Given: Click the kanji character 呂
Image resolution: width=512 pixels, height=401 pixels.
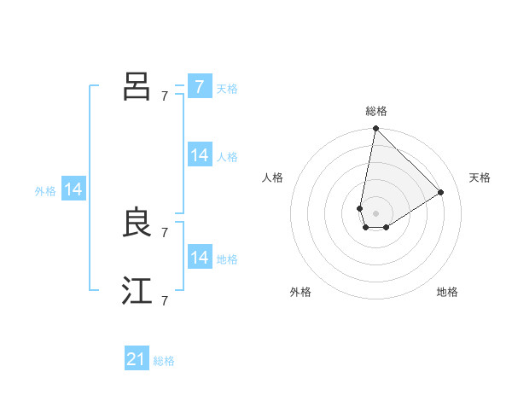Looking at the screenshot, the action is coord(137,85).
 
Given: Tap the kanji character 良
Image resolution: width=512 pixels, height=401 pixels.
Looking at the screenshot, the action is coord(137,222).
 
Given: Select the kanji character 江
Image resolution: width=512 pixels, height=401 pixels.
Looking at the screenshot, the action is coord(137,291).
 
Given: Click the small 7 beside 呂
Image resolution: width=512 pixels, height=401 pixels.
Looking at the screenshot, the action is coord(165,96).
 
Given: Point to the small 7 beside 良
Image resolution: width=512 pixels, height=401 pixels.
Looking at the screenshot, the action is coord(165,232).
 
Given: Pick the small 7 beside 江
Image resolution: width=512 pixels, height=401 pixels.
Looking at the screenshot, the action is coord(165,300).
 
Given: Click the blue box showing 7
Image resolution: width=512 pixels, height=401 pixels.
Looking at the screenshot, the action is coord(199,87).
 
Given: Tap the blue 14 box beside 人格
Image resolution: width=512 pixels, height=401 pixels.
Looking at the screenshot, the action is coord(199,155).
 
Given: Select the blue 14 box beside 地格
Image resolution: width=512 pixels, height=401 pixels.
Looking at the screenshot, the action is coord(199,258).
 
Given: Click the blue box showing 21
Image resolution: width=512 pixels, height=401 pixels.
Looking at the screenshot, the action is coord(137,359).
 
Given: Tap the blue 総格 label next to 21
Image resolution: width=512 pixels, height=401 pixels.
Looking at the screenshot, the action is coord(164,361).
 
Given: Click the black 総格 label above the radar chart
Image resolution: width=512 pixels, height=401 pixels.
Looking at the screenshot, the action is coord(375,111).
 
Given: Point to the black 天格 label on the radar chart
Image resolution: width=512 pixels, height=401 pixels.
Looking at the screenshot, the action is coord(480,177).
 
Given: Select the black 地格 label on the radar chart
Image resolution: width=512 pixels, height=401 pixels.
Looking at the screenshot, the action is coord(447,292).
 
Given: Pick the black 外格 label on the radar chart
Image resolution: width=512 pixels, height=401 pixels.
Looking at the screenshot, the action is coord(300,292).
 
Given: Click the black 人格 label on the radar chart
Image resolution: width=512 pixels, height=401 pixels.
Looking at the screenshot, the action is coord(273,177).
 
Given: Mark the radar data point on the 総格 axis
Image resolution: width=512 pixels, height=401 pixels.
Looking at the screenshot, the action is coord(375,129).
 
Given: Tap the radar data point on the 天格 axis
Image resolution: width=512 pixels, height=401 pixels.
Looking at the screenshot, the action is coord(441,192).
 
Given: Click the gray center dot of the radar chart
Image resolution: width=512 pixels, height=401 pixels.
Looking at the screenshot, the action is coord(375,213).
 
